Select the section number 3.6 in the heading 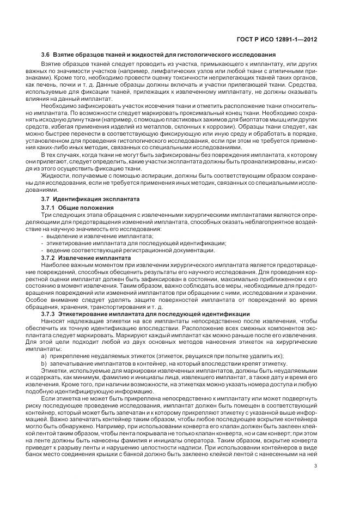[x=46, y=56]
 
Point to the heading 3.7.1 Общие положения [x=78, y=208]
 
